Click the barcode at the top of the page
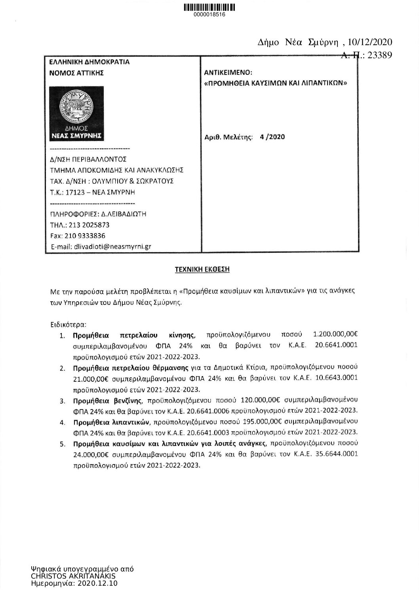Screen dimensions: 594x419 [x=209, y=7]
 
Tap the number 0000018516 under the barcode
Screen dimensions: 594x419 [x=209, y=15]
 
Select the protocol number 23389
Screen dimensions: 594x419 [x=379, y=55]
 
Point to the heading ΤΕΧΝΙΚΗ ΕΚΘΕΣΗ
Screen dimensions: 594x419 [x=202, y=270]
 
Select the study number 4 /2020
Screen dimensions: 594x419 [x=272, y=137]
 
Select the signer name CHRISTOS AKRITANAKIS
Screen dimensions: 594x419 [x=73, y=576]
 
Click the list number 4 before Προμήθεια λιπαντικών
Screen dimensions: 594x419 [x=62, y=422]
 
